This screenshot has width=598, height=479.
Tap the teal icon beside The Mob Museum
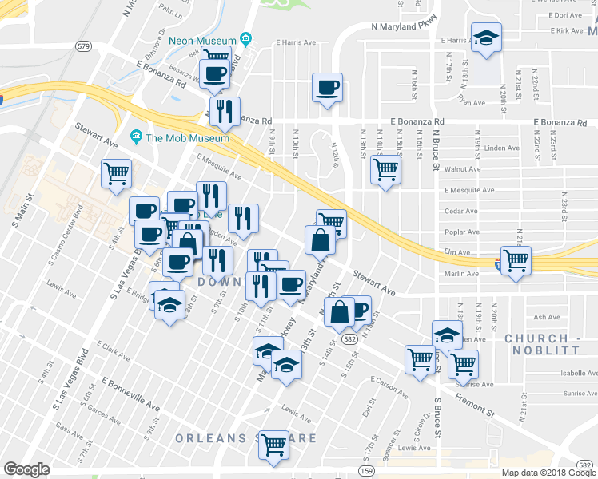137,137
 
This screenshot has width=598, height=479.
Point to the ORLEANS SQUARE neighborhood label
245,438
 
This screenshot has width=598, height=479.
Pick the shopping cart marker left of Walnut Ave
386,168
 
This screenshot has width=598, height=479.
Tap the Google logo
26,469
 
